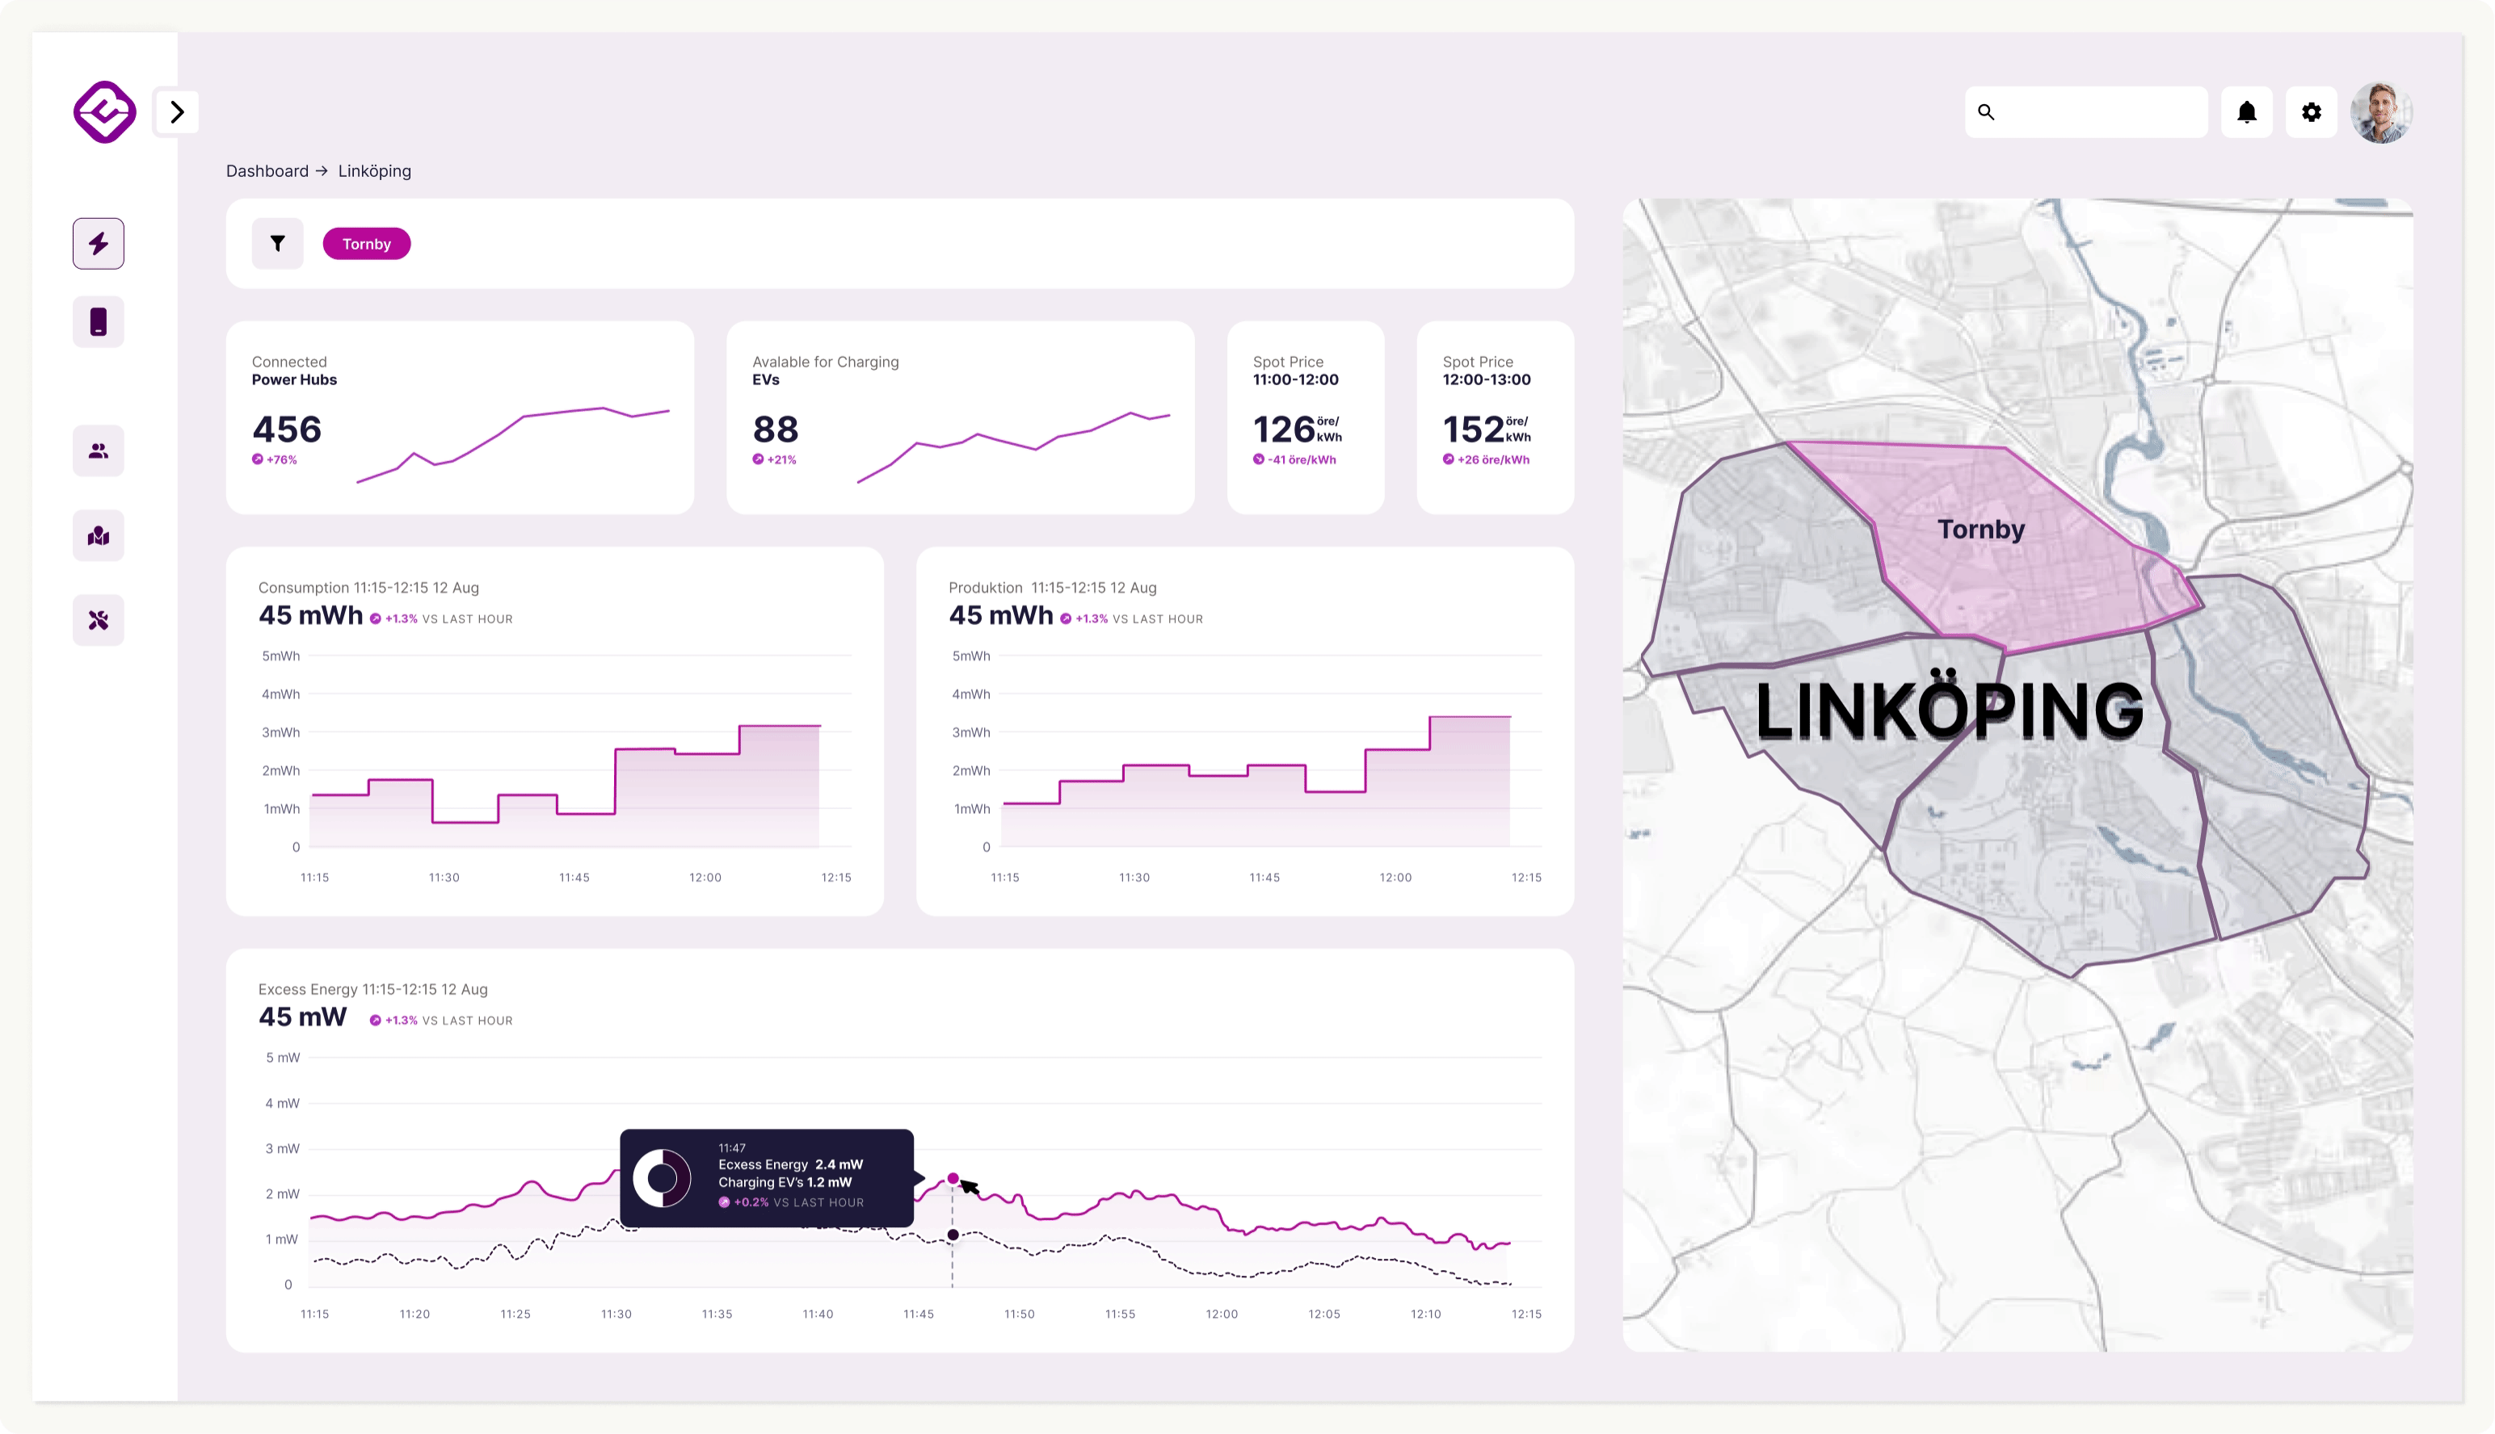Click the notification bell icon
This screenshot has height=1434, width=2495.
click(x=2247, y=112)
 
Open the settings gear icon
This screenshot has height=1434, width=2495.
click(x=2312, y=112)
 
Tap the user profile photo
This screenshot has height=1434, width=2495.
click(x=2381, y=112)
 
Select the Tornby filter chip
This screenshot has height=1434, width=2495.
click(x=367, y=243)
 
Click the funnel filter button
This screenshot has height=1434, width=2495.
click(x=278, y=243)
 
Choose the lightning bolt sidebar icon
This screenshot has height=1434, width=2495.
click(x=99, y=243)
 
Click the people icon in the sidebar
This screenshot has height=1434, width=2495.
click(x=99, y=451)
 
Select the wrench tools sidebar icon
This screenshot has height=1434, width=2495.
click(x=99, y=620)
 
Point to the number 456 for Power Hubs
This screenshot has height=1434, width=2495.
click(x=287, y=430)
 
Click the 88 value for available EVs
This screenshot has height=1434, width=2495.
click(x=776, y=430)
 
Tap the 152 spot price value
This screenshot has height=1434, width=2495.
click(x=1473, y=430)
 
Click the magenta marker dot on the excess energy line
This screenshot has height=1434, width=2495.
click(x=953, y=1178)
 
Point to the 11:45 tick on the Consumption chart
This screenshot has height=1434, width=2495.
click(x=574, y=878)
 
